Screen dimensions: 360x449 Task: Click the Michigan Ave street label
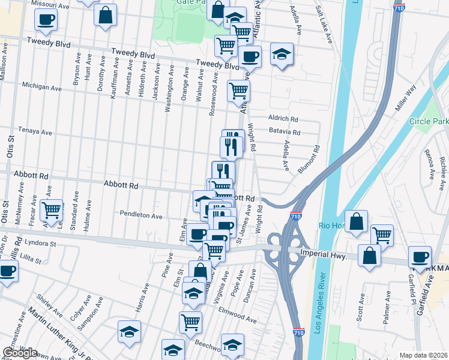click(41, 88)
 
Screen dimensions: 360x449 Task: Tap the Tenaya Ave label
click(35, 131)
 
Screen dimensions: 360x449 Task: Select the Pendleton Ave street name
click(141, 215)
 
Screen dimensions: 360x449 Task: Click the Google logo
click(19, 353)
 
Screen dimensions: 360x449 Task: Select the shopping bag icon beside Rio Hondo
click(357, 220)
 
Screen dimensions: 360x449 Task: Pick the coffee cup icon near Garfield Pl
click(420, 256)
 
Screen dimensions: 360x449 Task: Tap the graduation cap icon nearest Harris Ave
click(129, 331)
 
